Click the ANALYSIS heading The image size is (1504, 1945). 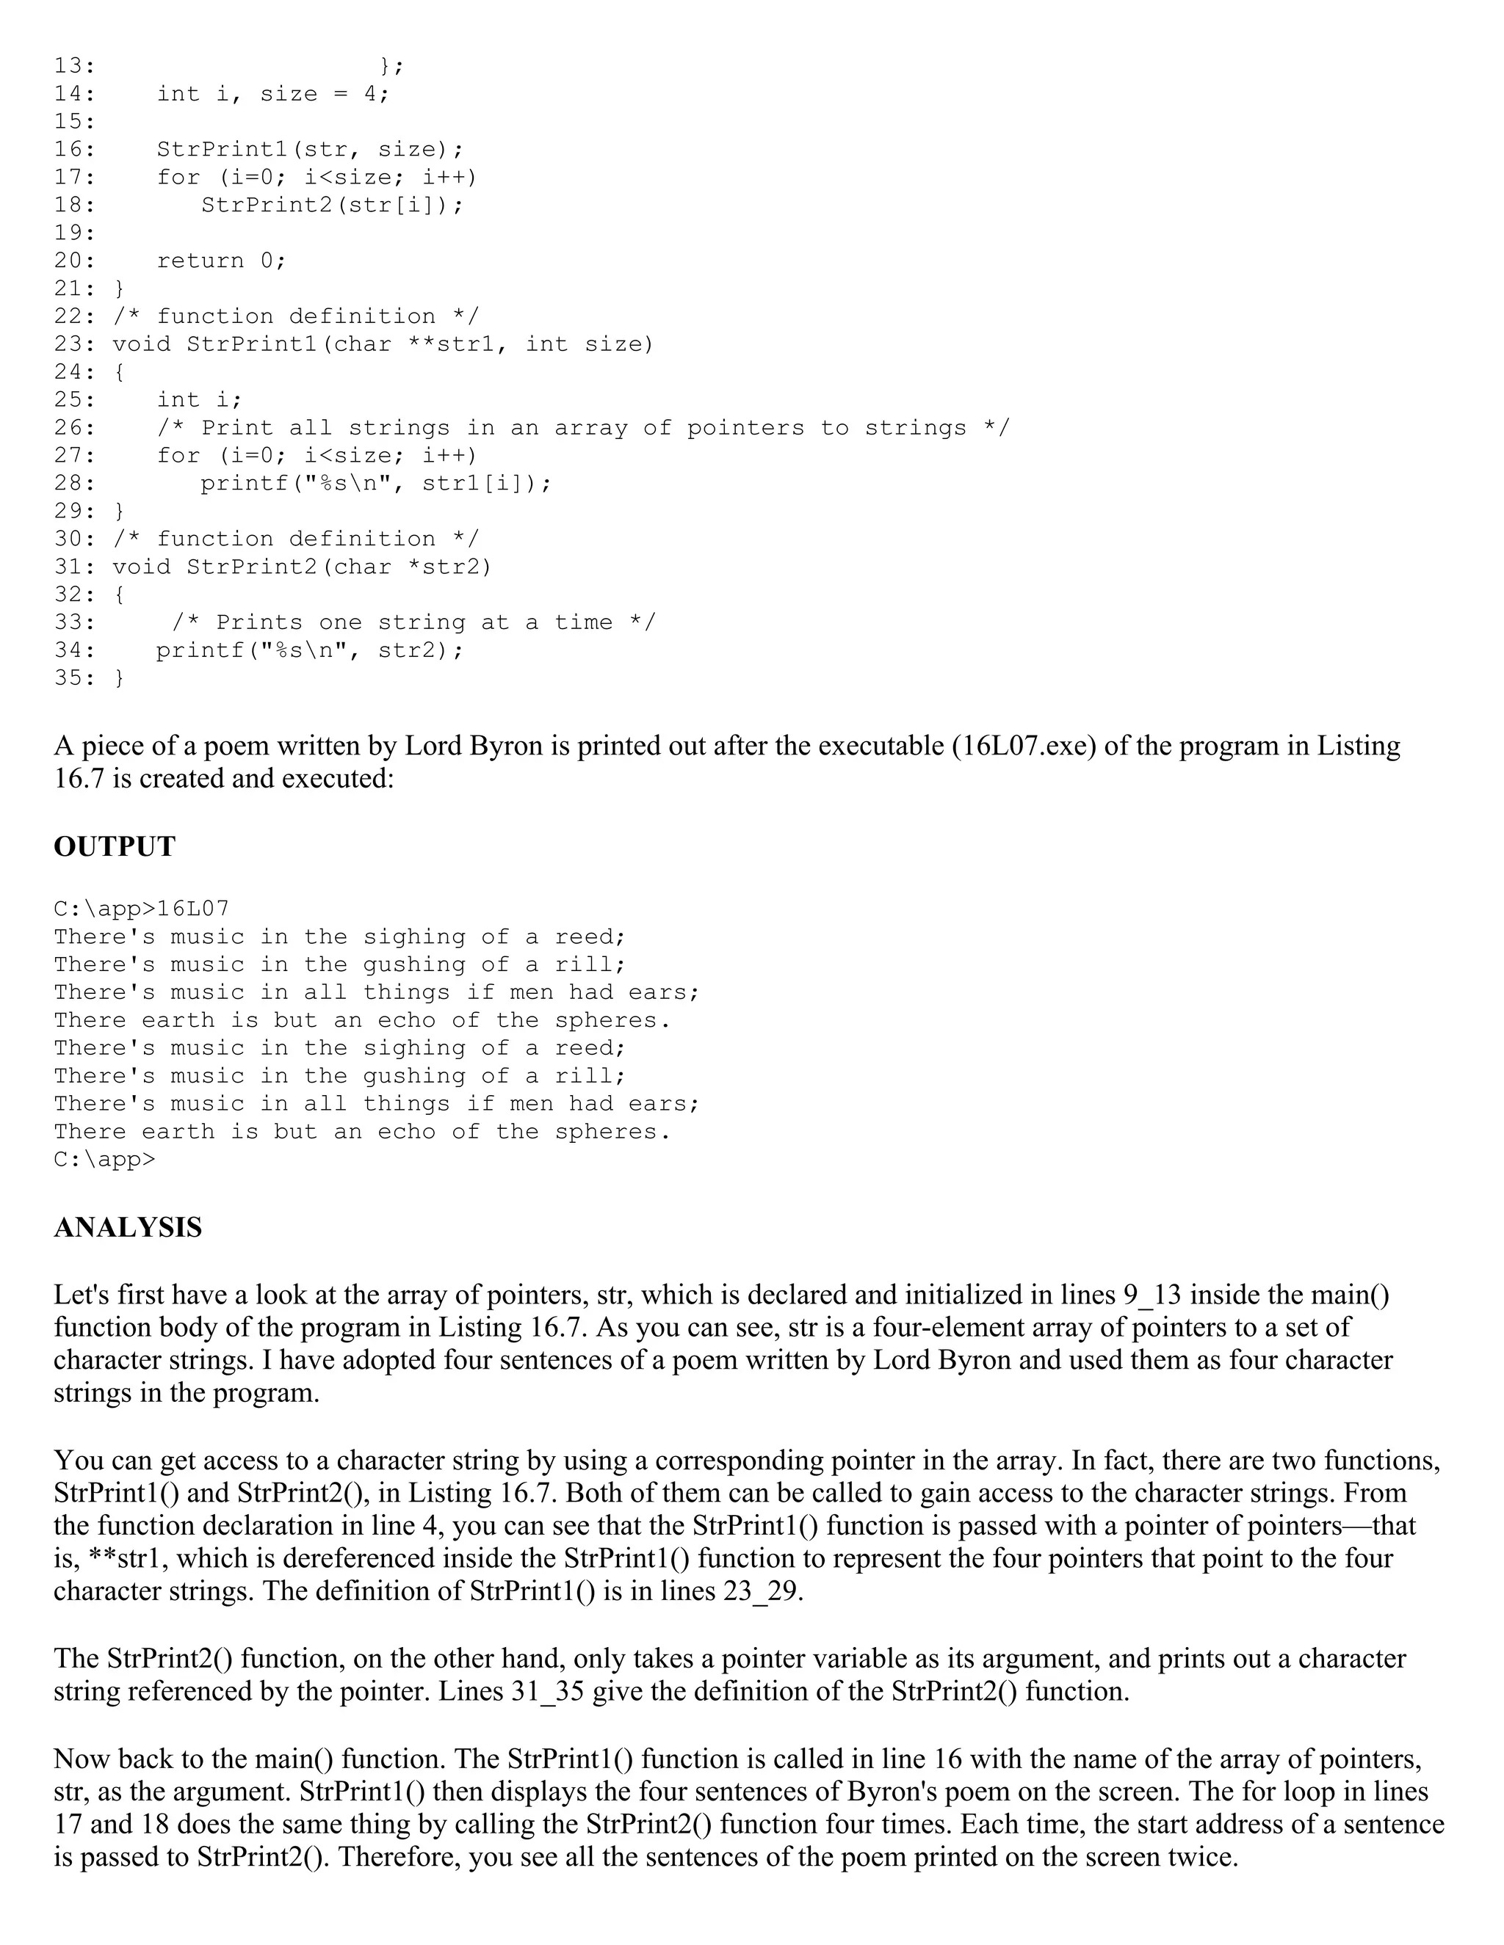click(127, 1227)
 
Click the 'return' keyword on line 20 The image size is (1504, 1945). click(200, 260)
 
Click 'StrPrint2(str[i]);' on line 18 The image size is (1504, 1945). click(333, 205)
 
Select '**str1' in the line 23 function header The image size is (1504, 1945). click(450, 343)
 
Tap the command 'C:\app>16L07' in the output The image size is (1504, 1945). click(142, 909)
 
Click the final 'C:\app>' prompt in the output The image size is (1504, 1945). click(104, 1159)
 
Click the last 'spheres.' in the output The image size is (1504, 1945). click(613, 1131)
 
